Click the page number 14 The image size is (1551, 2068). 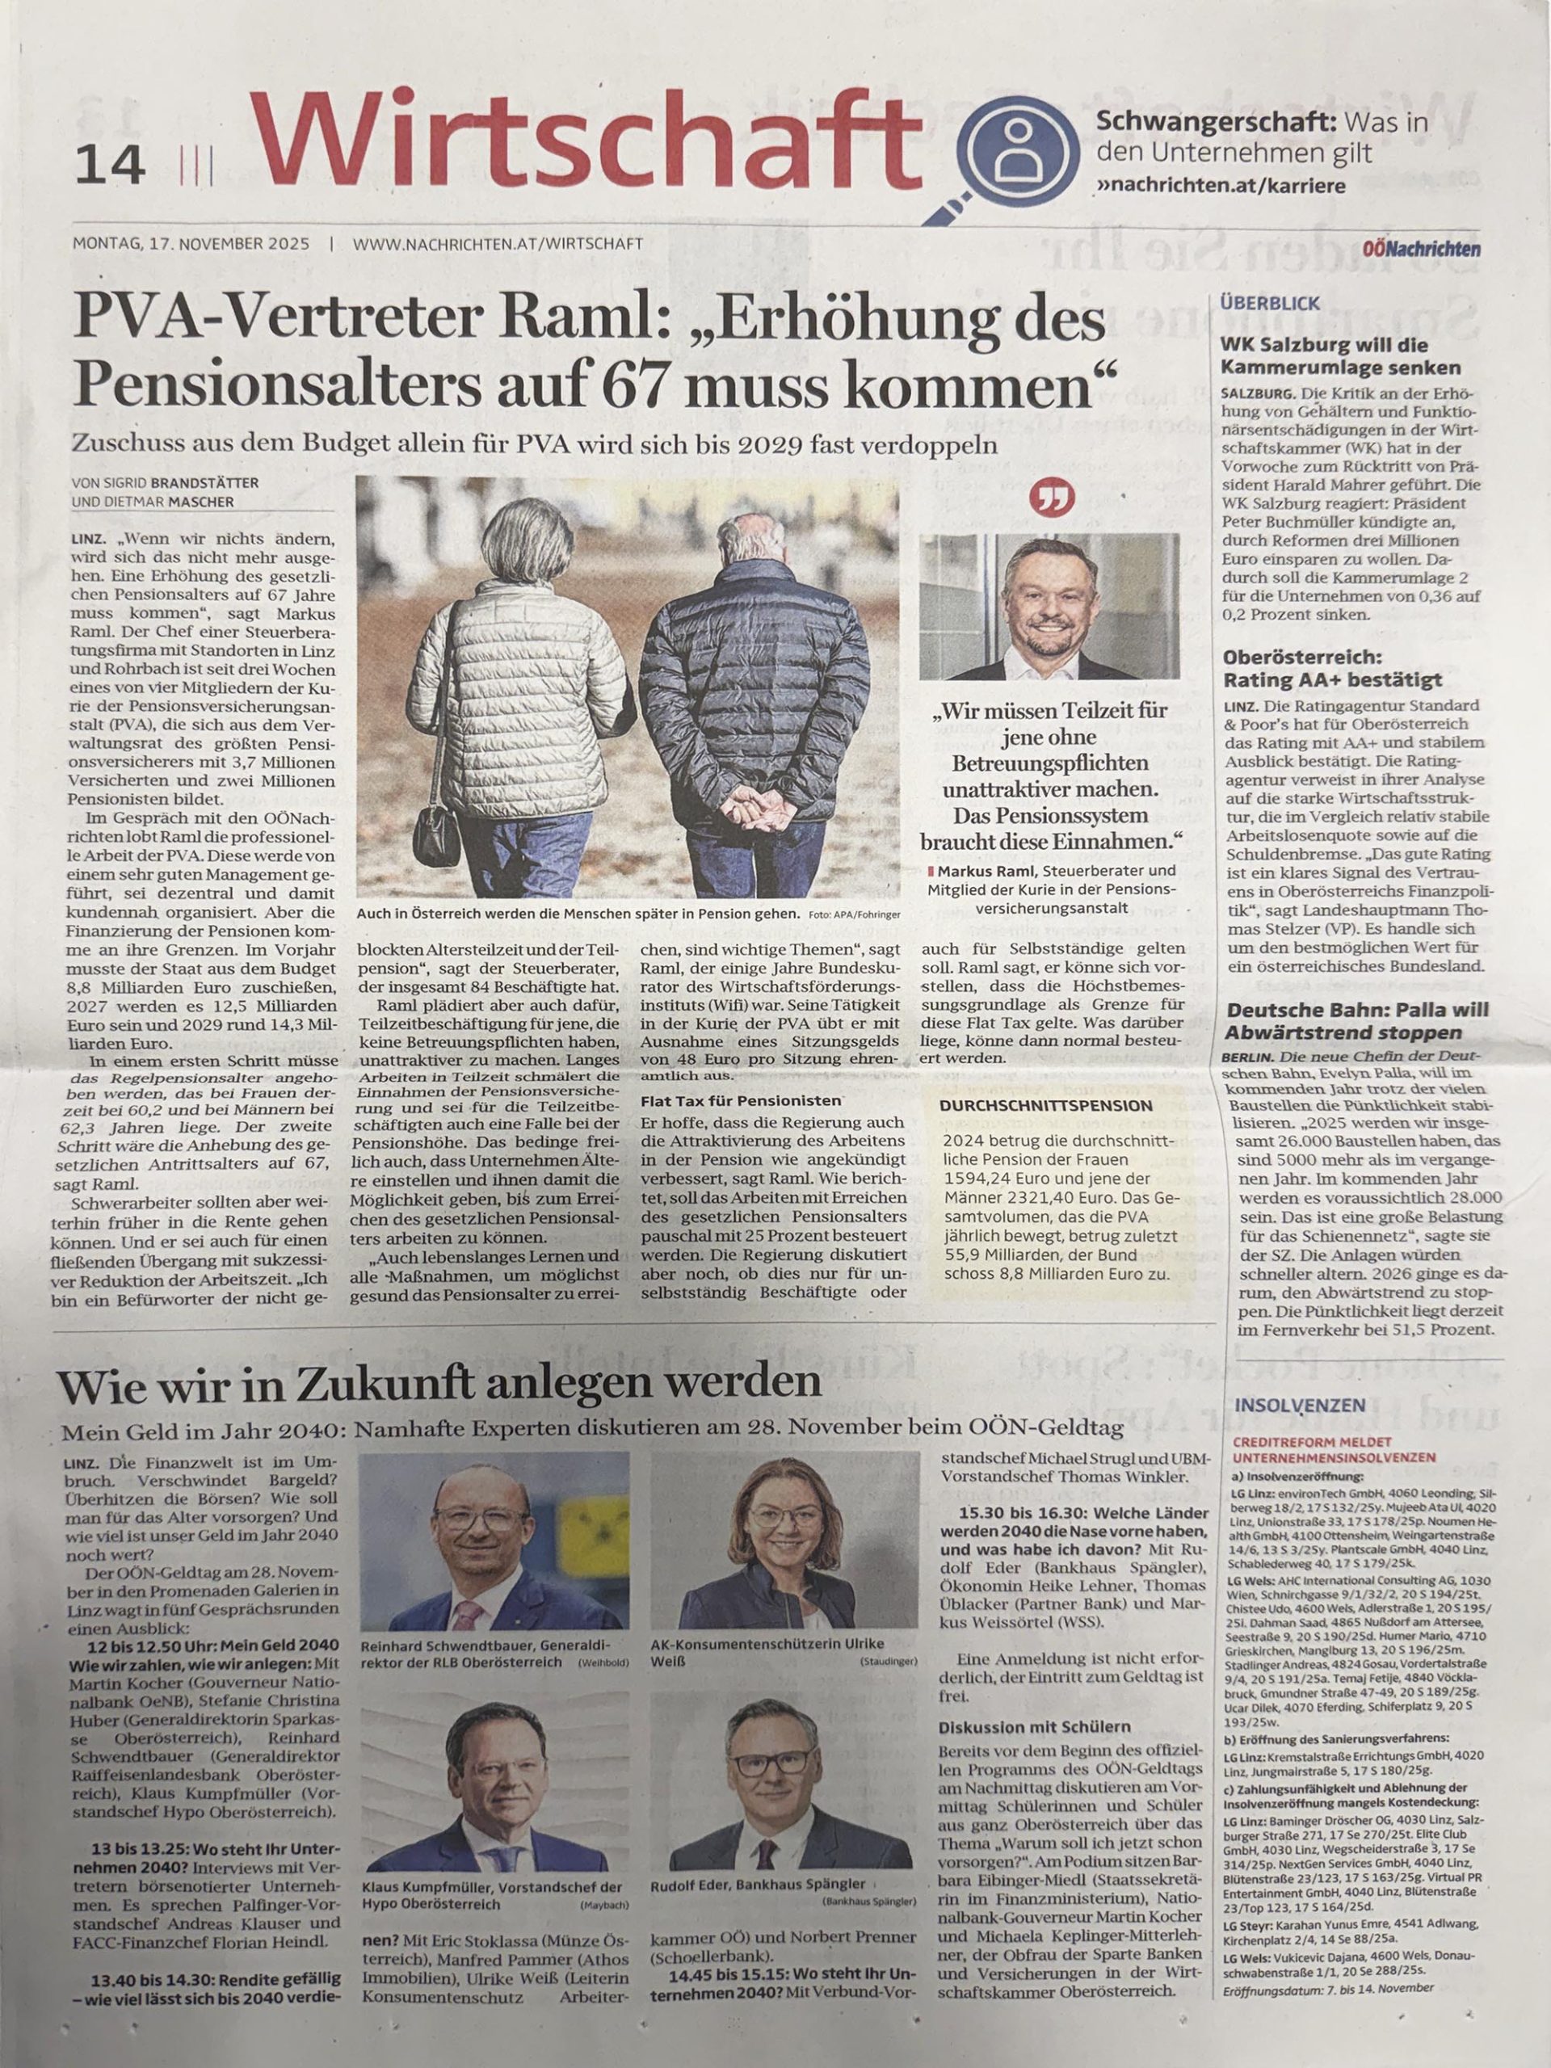click(x=111, y=165)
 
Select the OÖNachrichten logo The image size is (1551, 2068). click(x=1430, y=249)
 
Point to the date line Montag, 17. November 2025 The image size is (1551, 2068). click(x=191, y=243)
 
